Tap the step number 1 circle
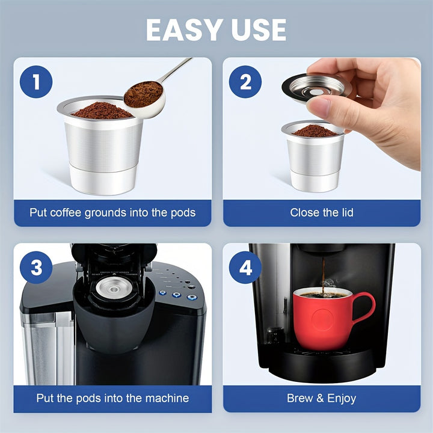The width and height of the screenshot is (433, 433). point(37,82)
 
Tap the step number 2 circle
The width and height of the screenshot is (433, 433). point(246,82)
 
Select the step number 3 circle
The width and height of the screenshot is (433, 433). point(37,267)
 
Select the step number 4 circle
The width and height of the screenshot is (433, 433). point(246,267)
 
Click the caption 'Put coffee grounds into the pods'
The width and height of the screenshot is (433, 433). point(112,212)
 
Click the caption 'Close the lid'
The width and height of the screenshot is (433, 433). point(322,212)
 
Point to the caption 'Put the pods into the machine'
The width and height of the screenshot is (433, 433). point(112,398)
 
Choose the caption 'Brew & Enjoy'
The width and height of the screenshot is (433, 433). point(322,398)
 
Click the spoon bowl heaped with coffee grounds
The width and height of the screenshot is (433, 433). point(143,95)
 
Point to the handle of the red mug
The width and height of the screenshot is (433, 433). point(363,307)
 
